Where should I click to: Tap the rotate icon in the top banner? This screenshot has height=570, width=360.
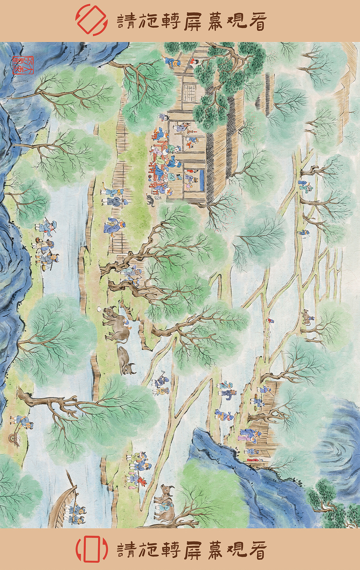coord(91,20)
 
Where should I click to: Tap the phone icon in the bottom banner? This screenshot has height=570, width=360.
coord(91,549)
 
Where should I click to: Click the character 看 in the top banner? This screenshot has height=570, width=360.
coord(257,22)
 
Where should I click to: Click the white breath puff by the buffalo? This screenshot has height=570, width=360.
coord(100,309)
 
